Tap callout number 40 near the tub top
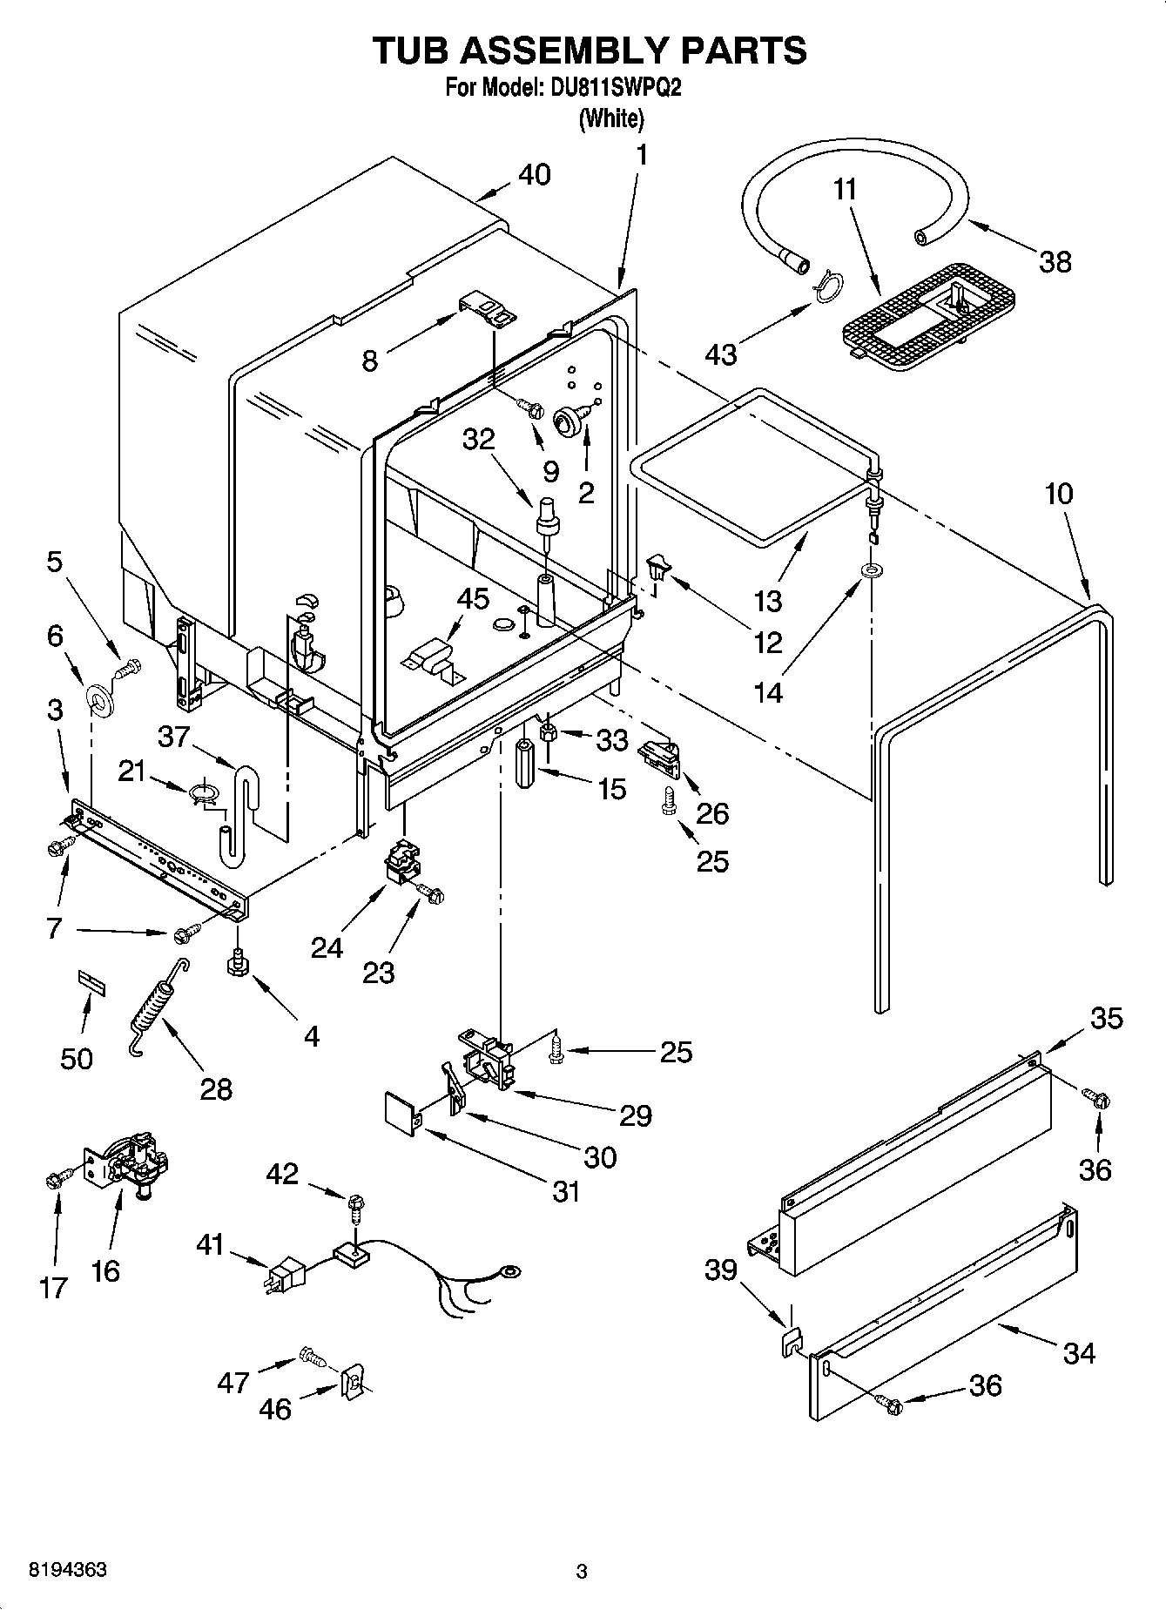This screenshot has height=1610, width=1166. (x=534, y=174)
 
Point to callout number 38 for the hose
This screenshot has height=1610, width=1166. (x=1055, y=261)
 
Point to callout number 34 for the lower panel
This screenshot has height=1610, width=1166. (x=1078, y=1352)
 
